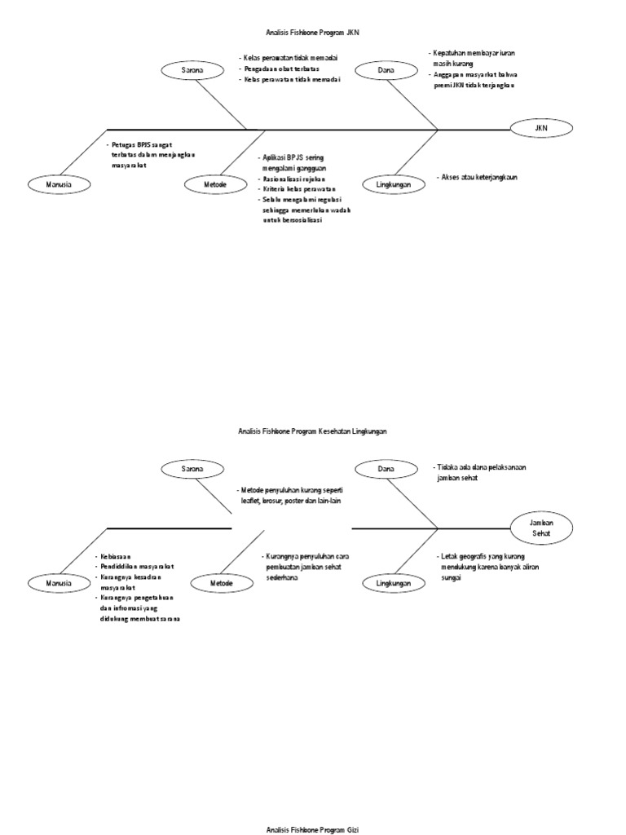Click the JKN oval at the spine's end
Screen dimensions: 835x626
(x=541, y=128)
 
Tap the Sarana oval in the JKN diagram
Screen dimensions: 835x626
(x=192, y=71)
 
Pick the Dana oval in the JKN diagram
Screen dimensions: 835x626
(x=386, y=71)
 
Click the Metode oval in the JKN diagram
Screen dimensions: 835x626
(x=215, y=185)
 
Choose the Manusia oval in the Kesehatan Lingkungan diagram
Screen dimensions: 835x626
(x=60, y=583)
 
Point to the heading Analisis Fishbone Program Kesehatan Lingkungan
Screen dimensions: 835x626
(x=312, y=431)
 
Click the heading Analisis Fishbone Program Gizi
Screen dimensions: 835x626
(x=312, y=828)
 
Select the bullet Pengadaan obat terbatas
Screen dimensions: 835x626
(x=284, y=69)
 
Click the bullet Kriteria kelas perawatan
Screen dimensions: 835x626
(x=300, y=189)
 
